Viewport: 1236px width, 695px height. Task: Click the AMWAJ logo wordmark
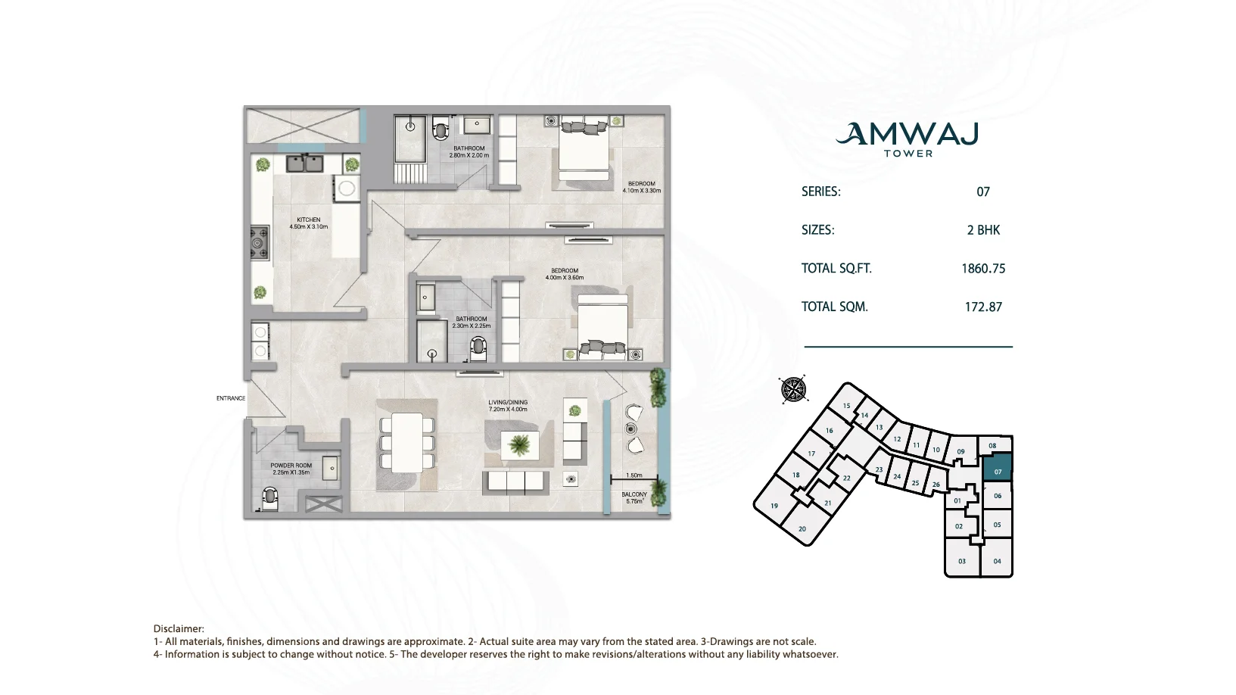click(908, 133)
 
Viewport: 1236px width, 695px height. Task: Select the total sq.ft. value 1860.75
click(983, 269)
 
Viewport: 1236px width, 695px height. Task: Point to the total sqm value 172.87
click(983, 307)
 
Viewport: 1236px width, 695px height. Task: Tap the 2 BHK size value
click(983, 230)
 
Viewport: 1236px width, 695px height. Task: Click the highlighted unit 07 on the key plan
click(998, 468)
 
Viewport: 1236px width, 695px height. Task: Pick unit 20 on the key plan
click(802, 528)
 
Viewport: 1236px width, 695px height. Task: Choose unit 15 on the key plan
click(846, 406)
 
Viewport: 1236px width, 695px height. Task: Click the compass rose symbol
click(793, 389)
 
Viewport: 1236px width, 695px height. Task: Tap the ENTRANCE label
click(231, 398)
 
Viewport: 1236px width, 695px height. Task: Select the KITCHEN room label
click(309, 220)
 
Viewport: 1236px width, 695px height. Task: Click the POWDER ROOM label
click(291, 466)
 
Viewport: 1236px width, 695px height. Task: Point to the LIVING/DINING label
click(508, 403)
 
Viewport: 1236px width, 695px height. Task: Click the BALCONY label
click(634, 494)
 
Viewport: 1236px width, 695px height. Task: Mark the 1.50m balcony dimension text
click(634, 475)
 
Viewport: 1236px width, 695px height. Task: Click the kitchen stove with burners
click(260, 242)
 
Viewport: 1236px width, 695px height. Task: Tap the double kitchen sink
click(304, 164)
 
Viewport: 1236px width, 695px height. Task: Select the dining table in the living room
click(407, 443)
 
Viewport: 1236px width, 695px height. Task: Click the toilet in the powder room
click(269, 497)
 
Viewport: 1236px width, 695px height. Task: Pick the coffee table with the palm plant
click(519, 445)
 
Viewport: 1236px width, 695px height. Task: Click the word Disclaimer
click(178, 629)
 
